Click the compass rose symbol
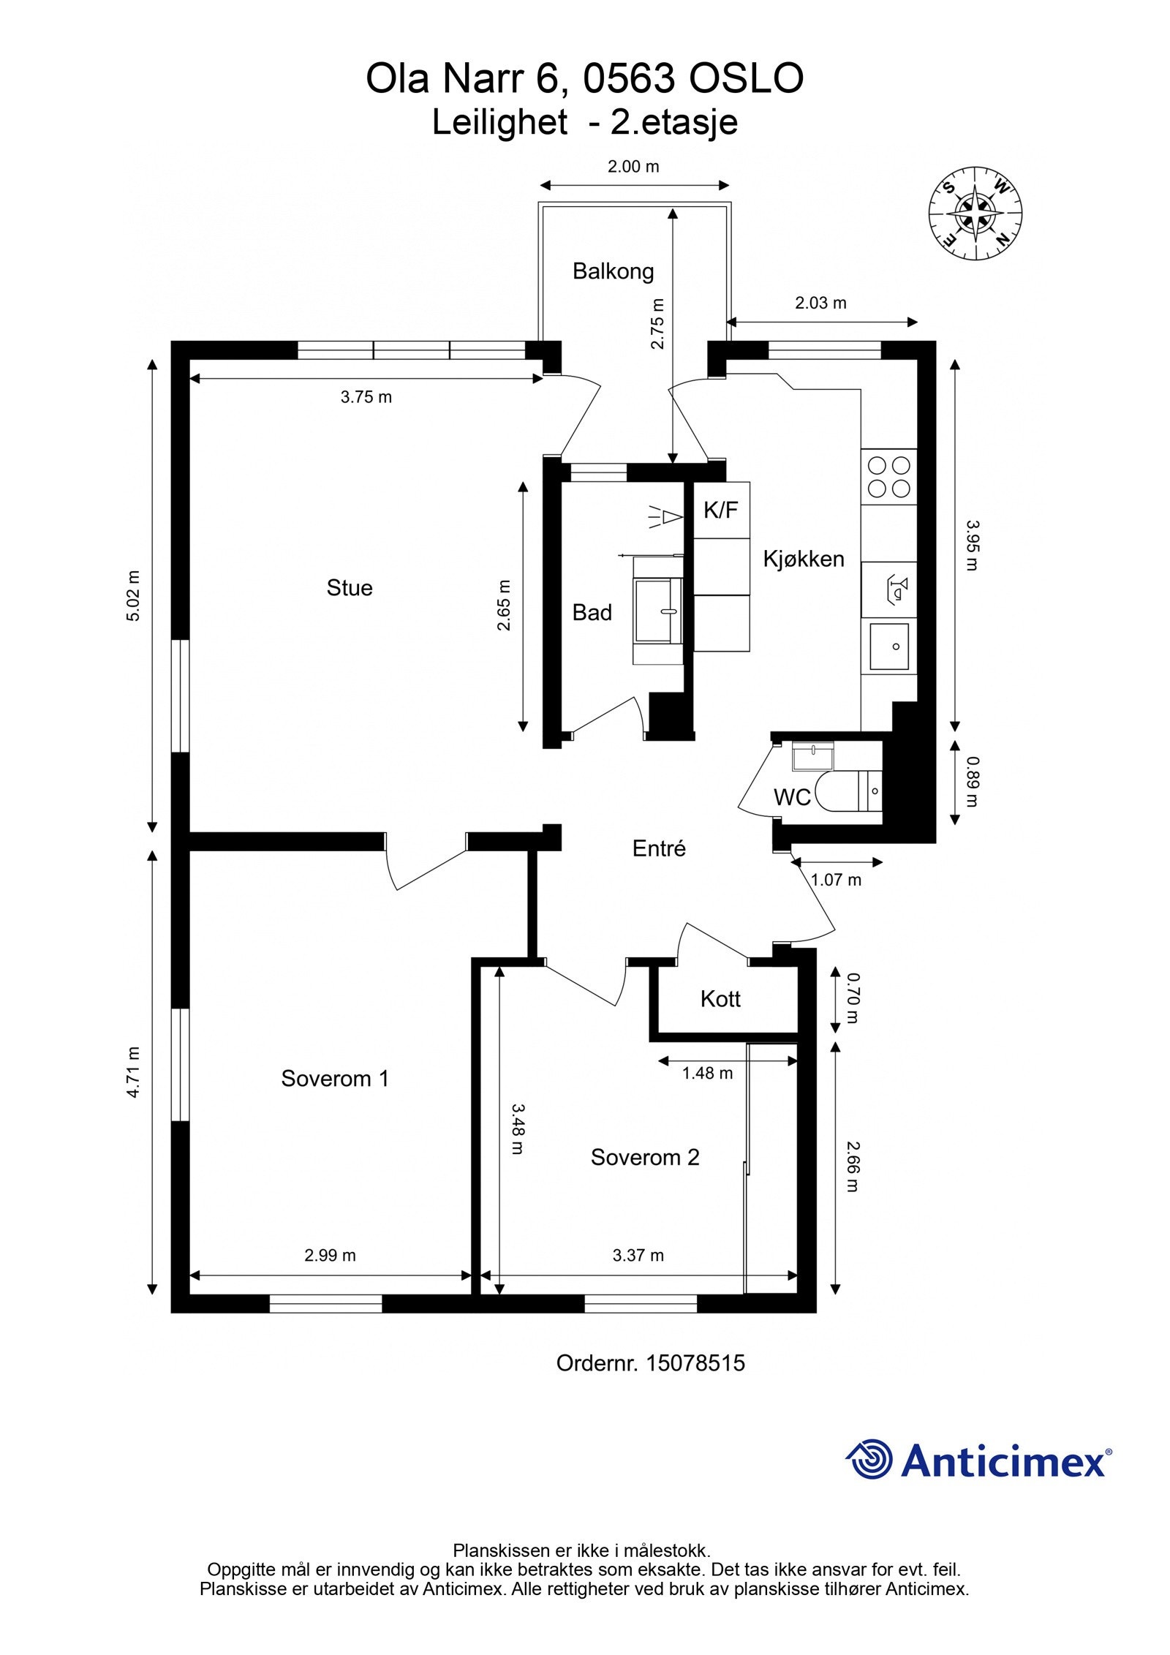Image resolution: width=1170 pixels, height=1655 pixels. coord(975,214)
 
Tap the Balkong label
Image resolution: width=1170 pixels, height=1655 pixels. coord(613,271)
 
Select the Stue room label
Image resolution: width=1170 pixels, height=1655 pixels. coord(350,588)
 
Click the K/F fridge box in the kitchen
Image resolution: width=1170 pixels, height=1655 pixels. coord(721,510)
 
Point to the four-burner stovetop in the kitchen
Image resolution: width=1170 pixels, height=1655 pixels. coord(888,477)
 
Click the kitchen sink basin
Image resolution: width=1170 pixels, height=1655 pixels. coord(888,646)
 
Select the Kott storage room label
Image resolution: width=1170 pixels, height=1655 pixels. coord(720,999)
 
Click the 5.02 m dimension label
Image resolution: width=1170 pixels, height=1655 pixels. coord(133,596)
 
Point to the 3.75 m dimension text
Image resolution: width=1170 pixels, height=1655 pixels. coord(366,397)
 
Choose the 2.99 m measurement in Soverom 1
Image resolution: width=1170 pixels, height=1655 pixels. coord(330,1255)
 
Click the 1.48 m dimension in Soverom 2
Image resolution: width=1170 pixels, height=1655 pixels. coord(707,1073)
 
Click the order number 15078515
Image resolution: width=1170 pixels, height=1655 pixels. coord(694,1362)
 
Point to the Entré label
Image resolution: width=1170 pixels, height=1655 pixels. coord(659,848)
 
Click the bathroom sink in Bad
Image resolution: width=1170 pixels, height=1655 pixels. coord(658,610)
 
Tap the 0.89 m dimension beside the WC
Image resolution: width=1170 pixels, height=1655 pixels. coord(972,782)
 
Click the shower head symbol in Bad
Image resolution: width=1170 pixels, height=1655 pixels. coord(666,517)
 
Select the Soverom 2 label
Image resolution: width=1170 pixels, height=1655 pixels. coord(645,1157)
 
